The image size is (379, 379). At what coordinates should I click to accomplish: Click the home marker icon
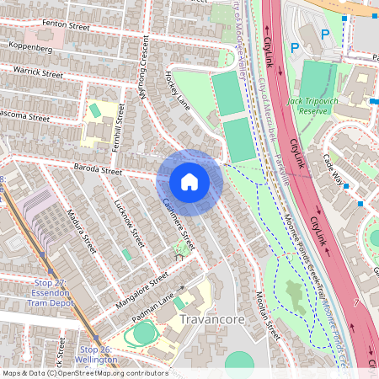click(189, 182)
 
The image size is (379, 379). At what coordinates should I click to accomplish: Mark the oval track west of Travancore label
click(144, 333)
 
